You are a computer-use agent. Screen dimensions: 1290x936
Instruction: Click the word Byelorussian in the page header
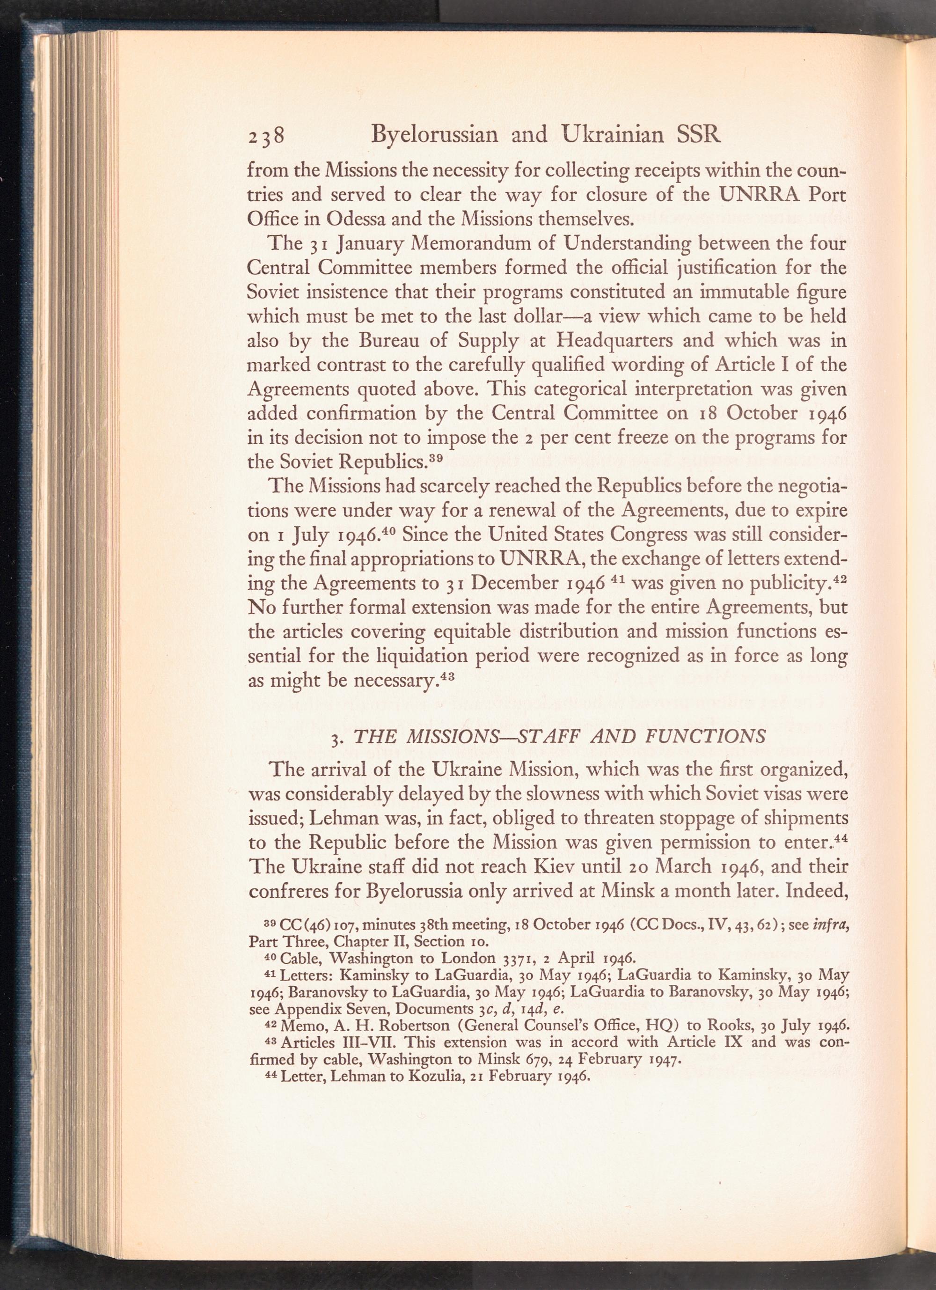(x=434, y=135)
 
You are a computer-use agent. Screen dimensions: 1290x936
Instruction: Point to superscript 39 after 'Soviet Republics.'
(x=435, y=457)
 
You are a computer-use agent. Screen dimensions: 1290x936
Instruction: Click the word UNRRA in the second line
(x=760, y=195)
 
